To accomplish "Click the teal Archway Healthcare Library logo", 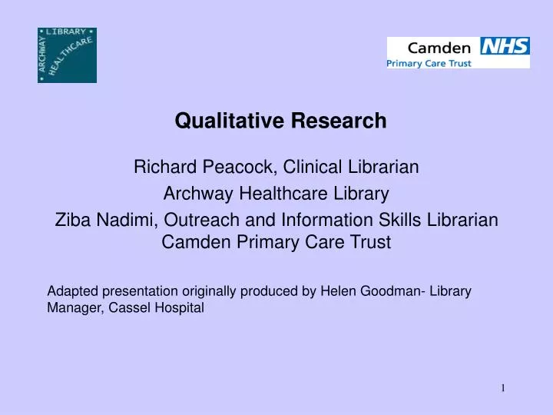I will pyautogui.click(x=67, y=55).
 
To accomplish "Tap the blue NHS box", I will pyautogui.click(x=505, y=46).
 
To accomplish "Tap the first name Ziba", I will pyautogui.click(x=70, y=221).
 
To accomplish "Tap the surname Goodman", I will pyautogui.click(x=388, y=292).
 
